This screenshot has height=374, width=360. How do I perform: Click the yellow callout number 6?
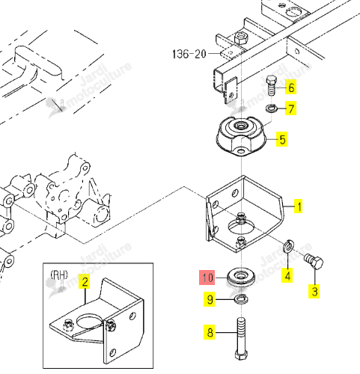coord(291,88)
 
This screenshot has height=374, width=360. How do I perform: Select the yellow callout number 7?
coord(291,108)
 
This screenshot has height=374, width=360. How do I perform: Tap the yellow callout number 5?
coord(282,139)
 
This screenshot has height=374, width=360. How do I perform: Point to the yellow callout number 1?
coord(298,206)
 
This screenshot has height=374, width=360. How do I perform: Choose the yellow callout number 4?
coord(287,275)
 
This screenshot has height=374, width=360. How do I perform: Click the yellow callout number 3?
coord(314,291)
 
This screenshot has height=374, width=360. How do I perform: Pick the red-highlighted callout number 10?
coord(207,278)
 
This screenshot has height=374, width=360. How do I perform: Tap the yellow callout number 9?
coord(210,299)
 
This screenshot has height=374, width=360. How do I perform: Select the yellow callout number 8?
coord(210,332)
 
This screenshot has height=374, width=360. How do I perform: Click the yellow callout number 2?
coord(85,281)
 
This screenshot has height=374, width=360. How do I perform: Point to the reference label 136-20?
coord(189,54)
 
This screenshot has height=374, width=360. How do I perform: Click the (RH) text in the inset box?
coord(59,275)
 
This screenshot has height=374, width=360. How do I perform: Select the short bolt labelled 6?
coord(272,86)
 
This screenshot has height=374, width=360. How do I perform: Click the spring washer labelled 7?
coord(270,108)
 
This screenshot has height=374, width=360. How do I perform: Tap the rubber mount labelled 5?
coord(241,136)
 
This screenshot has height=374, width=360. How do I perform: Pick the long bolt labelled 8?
coord(242,338)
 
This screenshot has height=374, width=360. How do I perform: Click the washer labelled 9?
coord(241,298)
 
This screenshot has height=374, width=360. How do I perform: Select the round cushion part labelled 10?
coord(241,277)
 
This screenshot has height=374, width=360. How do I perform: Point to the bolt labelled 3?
coord(314,262)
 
